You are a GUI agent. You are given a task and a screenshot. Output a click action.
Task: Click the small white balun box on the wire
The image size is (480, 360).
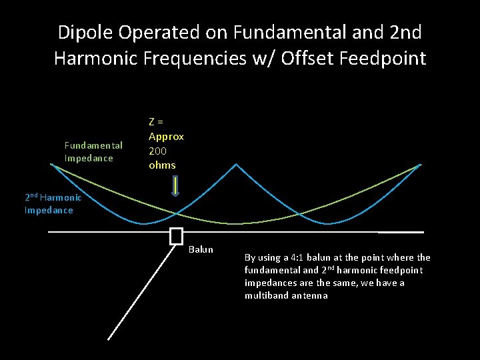176,236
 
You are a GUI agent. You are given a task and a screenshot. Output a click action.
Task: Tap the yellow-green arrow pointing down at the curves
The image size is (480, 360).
175,186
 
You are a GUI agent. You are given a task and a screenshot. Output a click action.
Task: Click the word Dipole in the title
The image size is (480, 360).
85,31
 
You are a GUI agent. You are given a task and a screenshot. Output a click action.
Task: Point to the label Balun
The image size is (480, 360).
201,249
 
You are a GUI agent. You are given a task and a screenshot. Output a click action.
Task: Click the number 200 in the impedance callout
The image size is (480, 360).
157,151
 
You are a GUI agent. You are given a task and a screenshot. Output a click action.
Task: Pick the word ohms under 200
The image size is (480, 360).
162,165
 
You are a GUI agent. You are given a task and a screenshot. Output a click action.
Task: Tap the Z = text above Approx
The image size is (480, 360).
156,121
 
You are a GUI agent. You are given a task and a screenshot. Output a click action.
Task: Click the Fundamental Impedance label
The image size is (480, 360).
93,151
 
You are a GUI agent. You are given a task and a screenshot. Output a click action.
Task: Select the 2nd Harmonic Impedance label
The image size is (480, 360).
53,203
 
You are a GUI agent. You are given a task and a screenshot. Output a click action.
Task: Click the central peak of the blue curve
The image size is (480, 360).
235,163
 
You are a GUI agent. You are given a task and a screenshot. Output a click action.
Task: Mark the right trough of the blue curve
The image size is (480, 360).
326,223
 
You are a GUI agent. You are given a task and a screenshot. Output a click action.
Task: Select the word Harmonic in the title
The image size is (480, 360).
107,58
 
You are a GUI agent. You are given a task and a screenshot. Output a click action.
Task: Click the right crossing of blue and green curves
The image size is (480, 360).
299,213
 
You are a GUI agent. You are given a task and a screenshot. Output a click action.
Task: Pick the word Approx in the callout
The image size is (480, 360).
166,136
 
